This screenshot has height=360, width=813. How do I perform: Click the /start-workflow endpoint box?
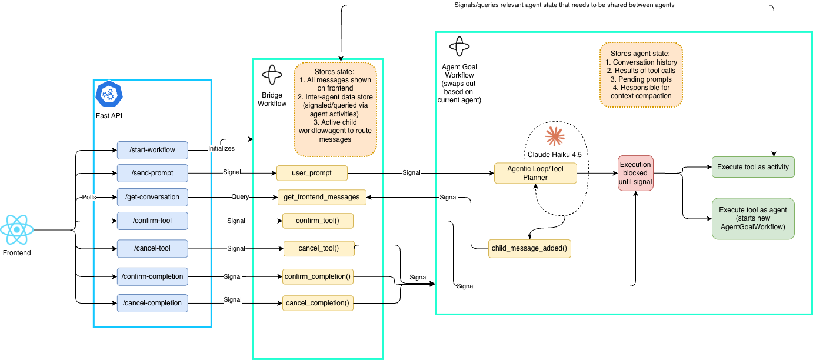coord(152,150)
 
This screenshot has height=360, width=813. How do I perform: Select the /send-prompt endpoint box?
coord(152,173)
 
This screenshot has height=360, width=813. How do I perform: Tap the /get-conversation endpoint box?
coord(152,197)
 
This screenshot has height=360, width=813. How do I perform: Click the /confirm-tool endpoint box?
coord(152,221)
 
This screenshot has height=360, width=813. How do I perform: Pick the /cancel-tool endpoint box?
coord(152,249)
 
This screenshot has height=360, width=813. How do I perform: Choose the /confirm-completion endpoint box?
coord(152,276)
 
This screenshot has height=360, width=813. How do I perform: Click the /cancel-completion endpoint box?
coord(152,303)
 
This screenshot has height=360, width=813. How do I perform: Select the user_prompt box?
coord(312,173)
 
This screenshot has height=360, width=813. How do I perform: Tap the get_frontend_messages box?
coord(322,198)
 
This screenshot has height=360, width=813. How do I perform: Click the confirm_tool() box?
coord(318,221)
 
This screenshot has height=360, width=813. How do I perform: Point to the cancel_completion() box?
coord(318,304)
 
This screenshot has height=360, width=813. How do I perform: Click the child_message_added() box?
coord(529,248)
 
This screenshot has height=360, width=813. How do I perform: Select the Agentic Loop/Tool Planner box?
coord(535,173)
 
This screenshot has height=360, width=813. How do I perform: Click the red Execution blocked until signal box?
coord(635,174)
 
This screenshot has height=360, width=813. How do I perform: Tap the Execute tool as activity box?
coord(752,167)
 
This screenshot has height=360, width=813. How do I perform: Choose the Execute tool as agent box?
coord(752,219)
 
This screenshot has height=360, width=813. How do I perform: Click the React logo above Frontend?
coord(17,229)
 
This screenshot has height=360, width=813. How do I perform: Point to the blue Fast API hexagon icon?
coord(108,94)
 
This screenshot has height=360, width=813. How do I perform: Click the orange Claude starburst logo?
coord(554,136)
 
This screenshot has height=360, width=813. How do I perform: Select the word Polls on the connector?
coord(89,197)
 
